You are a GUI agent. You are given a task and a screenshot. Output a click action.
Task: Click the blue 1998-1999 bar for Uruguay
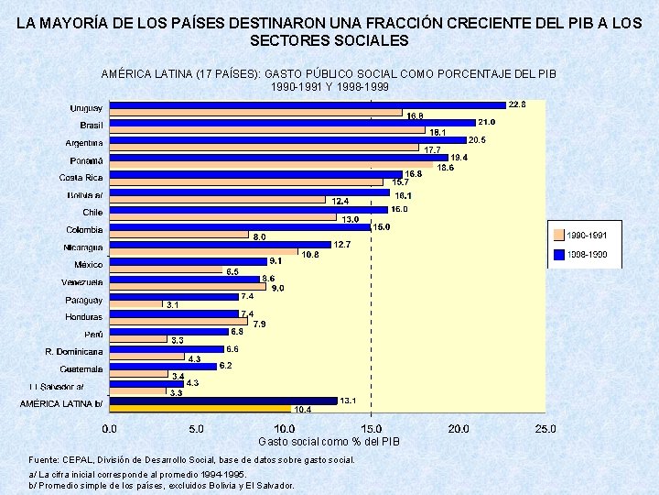coord(307,104)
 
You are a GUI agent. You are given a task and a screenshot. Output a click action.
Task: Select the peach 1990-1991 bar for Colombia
coord(178,235)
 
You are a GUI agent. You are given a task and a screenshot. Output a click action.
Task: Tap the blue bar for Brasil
coord(291,122)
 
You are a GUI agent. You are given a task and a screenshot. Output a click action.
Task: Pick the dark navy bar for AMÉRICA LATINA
coord(222,401)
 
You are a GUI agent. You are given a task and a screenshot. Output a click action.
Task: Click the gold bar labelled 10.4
coord(200,409)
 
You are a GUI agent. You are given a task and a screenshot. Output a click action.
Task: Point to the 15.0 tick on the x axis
coord(371,428)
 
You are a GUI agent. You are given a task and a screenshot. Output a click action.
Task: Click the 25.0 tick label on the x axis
coord(546,428)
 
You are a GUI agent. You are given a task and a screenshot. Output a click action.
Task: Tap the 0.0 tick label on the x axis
coord(109,428)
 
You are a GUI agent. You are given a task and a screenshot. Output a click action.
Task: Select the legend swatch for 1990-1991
coord(560,235)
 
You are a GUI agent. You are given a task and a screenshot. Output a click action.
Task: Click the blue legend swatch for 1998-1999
coord(560,254)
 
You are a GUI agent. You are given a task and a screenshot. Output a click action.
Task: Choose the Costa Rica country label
coord(81,178)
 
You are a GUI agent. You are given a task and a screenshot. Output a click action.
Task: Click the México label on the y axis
coord(88,265)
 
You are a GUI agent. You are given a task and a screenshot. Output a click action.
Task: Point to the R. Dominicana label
coord(74,351)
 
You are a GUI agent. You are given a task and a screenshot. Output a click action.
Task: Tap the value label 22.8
coord(518,104)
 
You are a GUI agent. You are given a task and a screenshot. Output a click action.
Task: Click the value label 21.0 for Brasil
coord(487,122)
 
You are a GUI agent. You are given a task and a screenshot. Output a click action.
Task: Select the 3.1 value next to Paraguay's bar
coord(172,305)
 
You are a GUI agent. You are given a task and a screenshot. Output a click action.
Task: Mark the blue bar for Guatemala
coord(162,366)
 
